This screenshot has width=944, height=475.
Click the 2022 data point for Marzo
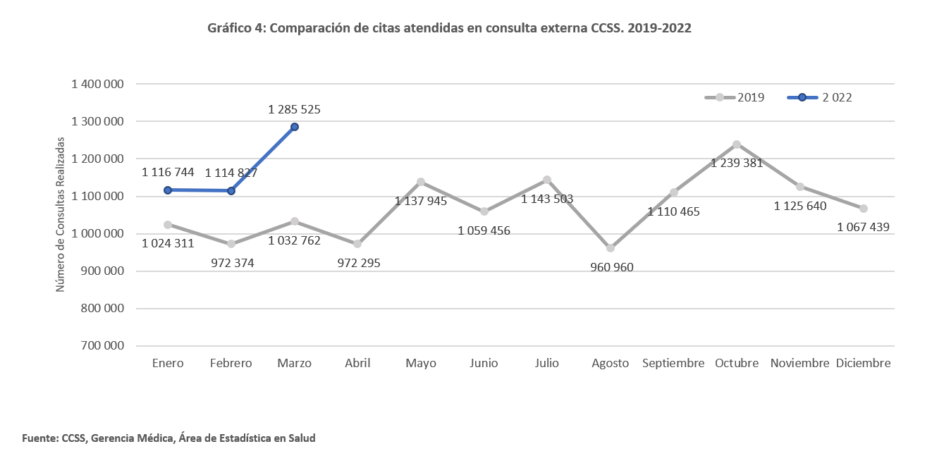[295, 127]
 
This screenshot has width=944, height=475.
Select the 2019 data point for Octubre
[737, 144]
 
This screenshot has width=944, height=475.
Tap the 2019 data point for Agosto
[611, 248]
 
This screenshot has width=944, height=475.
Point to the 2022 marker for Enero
[168, 190]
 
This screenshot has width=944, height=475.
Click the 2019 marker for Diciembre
[863, 209]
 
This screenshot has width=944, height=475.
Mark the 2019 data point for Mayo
[421, 182]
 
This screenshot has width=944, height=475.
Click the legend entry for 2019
[735, 97]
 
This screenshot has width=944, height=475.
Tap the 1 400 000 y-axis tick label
[98, 84]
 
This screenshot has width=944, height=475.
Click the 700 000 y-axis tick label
[103, 346]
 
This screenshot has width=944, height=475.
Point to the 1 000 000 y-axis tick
[98, 233]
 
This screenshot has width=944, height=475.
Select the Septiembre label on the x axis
[673, 364]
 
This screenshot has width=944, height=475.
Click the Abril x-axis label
[357, 364]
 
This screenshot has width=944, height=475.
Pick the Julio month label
[547, 364]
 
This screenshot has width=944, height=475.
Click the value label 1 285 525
[295, 109]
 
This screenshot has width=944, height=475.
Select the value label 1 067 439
[863, 227]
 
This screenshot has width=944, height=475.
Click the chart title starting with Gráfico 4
[449, 28]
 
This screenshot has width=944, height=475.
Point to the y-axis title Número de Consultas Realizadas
[61, 214]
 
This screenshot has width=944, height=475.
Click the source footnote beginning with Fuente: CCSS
[168, 438]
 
